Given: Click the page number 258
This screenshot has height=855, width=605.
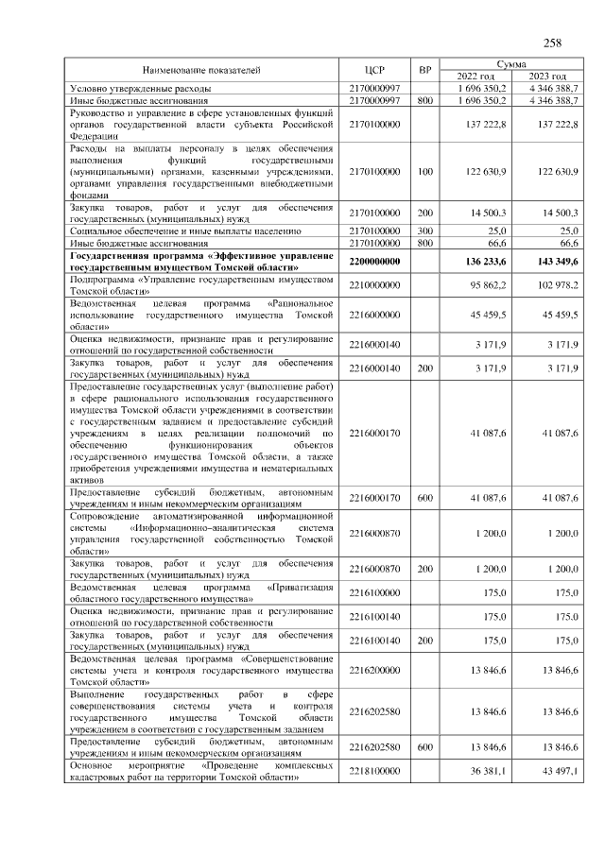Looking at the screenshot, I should [553, 43].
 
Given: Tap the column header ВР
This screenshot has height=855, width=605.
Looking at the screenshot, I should [425, 70].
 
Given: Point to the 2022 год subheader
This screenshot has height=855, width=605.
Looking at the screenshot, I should [475, 76].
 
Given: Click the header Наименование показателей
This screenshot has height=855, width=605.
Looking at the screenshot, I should [201, 70].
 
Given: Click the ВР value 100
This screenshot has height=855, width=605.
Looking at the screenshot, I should [425, 171].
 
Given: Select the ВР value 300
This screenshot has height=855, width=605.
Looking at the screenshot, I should [425, 230].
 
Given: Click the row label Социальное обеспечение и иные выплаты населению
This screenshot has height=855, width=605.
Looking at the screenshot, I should [185, 230].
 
